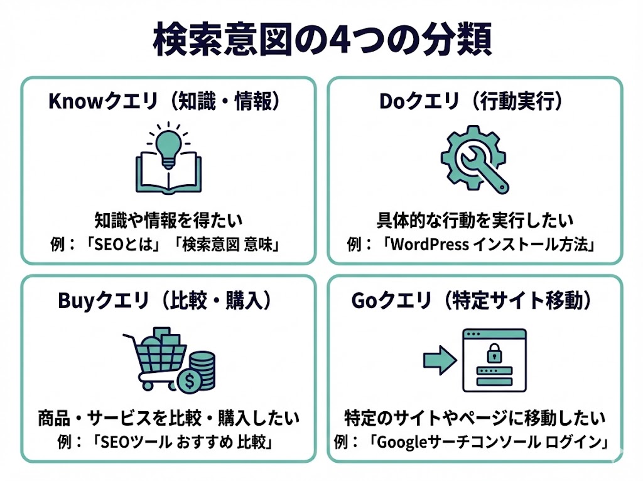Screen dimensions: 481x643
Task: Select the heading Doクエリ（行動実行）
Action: (x=475, y=102)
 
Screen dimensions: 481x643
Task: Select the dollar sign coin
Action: (x=188, y=380)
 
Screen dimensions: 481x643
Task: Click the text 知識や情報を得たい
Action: (x=168, y=221)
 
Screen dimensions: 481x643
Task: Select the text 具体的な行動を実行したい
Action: (x=475, y=221)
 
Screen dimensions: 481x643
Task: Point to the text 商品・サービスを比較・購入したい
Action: (x=168, y=418)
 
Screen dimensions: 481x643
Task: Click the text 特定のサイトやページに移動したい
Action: (x=475, y=418)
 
